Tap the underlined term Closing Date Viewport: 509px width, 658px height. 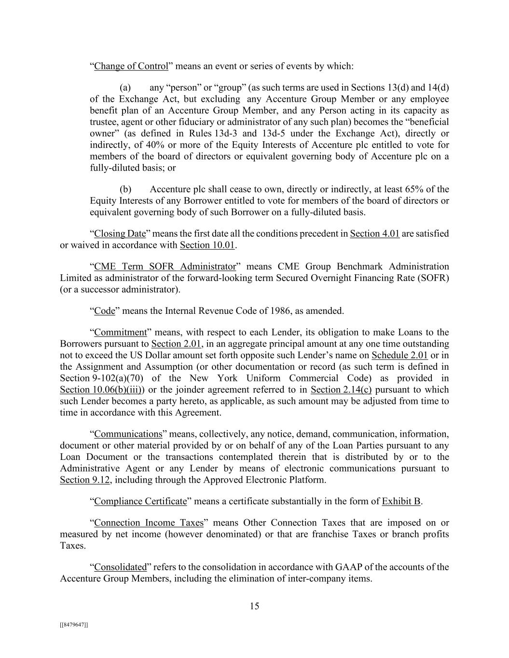[120, 234]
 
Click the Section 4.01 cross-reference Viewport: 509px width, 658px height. [374, 234]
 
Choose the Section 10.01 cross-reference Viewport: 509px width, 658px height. [207, 245]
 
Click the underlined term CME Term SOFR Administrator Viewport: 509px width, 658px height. [165, 267]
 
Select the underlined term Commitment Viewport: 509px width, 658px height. [120, 333]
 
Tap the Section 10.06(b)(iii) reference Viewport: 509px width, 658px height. [101, 390]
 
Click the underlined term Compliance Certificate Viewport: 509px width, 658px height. [140, 502]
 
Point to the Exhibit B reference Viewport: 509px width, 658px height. [401, 502]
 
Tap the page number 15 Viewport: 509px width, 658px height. [254, 606]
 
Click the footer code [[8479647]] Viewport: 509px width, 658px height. [74, 625]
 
